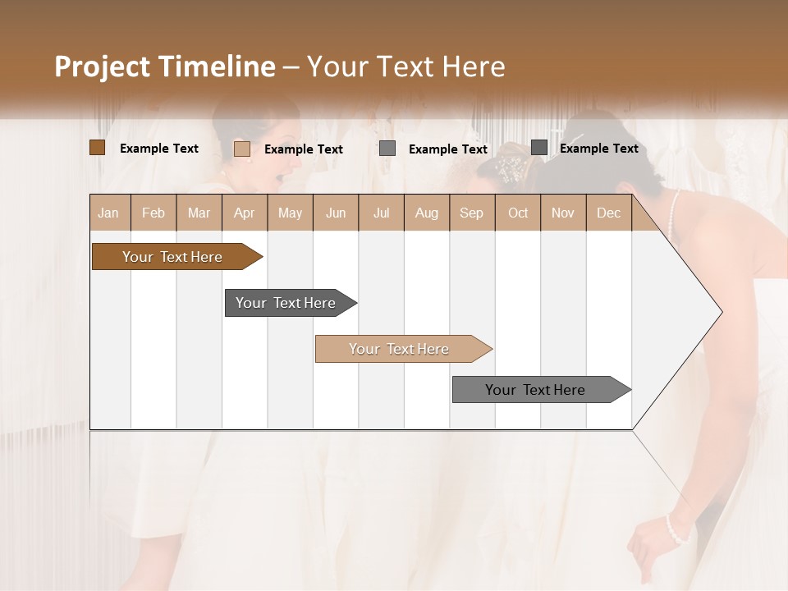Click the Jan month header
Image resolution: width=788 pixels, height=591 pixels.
pos(109,213)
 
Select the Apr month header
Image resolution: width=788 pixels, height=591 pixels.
pos(245,213)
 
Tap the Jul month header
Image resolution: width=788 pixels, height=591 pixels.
pos(381,213)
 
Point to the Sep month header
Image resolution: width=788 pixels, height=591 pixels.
pos(472,213)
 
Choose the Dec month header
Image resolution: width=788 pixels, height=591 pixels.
pos(608,213)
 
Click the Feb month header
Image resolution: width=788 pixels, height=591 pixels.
pos(153,213)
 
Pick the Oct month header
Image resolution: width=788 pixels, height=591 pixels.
pos(518,213)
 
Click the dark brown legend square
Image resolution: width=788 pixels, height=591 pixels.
pos(98,148)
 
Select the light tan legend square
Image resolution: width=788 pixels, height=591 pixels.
pos(242,149)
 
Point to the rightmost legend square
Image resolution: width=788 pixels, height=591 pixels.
pos(539,148)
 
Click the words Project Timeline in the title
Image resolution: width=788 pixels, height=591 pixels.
pos(164,66)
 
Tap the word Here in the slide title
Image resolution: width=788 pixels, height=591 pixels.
pos(474,66)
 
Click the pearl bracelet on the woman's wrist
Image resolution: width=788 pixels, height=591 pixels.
pos(676,529)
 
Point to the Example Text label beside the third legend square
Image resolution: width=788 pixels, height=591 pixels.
pos(448,149)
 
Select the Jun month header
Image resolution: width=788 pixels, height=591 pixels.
pos(336,213)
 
